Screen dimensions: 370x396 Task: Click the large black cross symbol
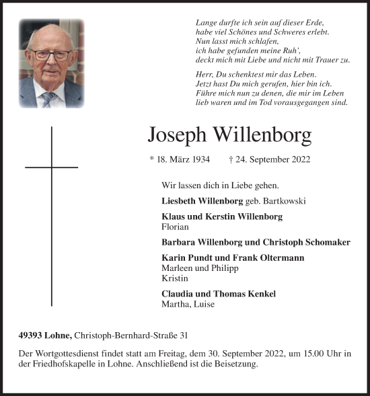(x=51, y=215)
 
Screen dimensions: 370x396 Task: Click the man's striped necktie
(x=48, y=99)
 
